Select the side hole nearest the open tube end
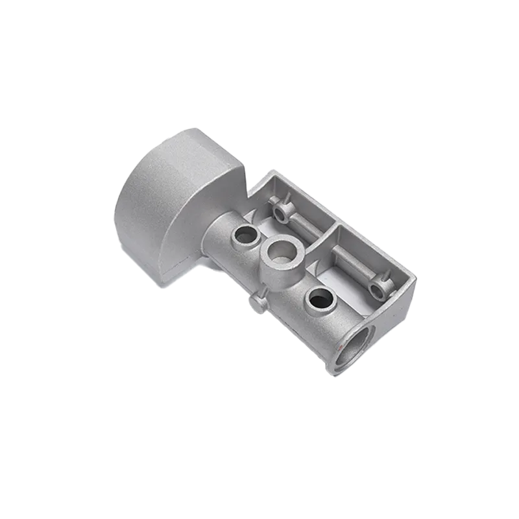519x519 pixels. [320, 300]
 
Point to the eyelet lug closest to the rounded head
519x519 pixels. [280, 212]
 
